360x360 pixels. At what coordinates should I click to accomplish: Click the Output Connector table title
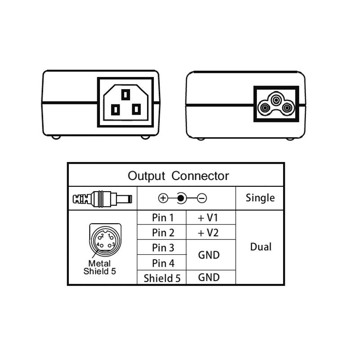[x=178, y=175]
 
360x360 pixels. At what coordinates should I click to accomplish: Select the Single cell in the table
[x=260, y=198]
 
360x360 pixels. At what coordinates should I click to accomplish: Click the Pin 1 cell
[x=162, y=218]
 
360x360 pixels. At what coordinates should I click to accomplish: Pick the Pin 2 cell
[x=162, y=233]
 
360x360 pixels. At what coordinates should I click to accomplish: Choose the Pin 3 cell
[x=162, y=247]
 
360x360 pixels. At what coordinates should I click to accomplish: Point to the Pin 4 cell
[x=162, y=262]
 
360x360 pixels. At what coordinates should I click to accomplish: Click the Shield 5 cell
[x=162, y=278]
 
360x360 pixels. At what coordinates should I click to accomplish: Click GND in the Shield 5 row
[x=209, y=277]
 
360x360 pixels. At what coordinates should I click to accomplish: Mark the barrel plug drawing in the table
[x=102, y=198]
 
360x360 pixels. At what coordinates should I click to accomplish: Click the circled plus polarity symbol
[x=163, y=198]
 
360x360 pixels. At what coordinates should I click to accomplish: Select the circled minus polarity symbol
[x=202, y=198]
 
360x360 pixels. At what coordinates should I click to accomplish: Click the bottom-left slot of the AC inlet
[x=115, y=109]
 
